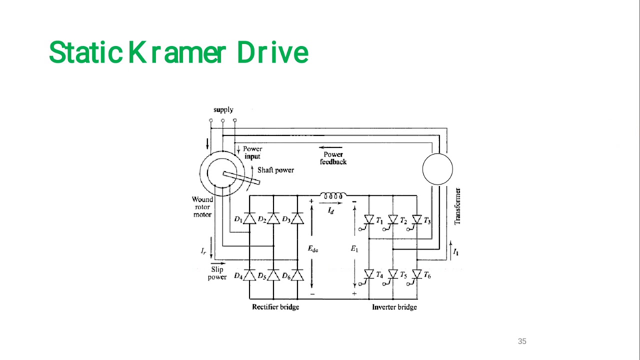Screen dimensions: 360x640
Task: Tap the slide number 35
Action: (x=522, y=341)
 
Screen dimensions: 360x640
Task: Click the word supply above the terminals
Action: (x=223, y=110)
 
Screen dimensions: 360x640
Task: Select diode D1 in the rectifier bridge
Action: (x=249, y=219)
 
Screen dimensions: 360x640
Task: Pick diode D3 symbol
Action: (x=297, y=219)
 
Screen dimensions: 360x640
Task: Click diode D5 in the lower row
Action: (x=273, y=275)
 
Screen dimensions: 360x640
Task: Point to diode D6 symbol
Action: (x=297, y=275)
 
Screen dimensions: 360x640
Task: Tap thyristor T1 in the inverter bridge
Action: (x=369, y=219)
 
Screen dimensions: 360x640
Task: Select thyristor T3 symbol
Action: (x=417, y=219)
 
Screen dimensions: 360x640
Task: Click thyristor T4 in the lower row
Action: (x=369, y=274)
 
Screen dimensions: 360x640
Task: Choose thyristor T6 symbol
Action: (x=417, y=274)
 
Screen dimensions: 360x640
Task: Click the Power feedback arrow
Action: (x=332, y=148)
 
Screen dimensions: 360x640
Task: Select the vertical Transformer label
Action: (x=457, y=206)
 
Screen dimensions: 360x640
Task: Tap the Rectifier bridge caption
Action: (x=275, y=307)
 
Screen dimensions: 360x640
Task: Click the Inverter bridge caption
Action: (x=394, y=307)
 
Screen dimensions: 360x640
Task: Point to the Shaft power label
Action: (x=275, y=170)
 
